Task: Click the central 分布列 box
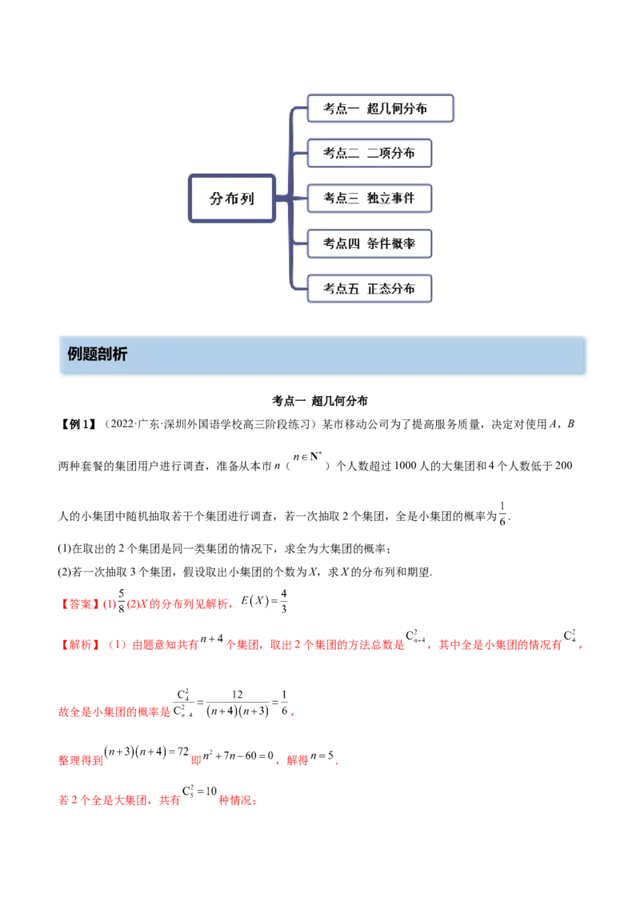[x=231, y=198]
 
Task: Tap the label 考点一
[x=342, y=109]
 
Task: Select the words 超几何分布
[x=397, y=109]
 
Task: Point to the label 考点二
[x=342, y=154]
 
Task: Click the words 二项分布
[x=391, y=154]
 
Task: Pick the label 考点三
[x=342, y=198]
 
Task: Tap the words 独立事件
[x=391, y=198]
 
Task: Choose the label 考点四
[x=342, y=243]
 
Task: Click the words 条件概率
[x=391, y=243]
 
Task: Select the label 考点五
[x=342, y=288]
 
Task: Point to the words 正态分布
[x=391, y=288]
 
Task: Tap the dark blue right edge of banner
[x=589, y=355]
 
